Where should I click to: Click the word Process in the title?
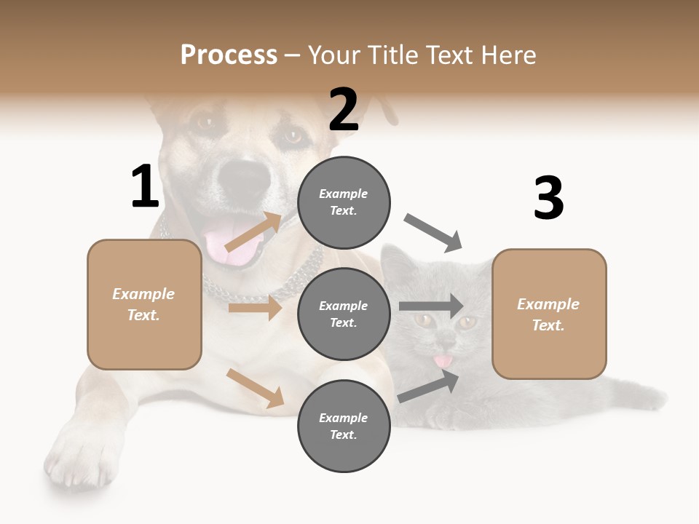(229, 55)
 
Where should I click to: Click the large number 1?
(145, 186)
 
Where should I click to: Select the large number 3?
(548, 199)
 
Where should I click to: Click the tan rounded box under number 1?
(144, 304)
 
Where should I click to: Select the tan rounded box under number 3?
(549, 314)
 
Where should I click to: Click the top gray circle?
(344, 202)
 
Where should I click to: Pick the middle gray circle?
(344, 314)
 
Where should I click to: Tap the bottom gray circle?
(344, 426)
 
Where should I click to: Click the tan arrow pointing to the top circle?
(253, 233)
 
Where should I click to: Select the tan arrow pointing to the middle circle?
(255, 309)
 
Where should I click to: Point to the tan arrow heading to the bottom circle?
(255, 388)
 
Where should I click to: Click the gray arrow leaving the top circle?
(433, 233)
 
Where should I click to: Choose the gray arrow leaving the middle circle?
(431, 306)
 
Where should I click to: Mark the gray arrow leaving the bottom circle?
(430, 386)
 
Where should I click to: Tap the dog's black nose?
(245, 178)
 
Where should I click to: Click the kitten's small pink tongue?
(441, 361)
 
